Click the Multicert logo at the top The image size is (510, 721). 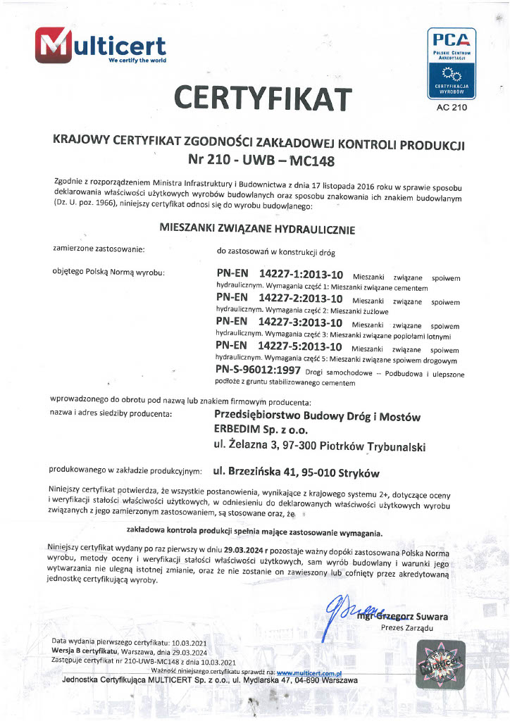click(99, 48)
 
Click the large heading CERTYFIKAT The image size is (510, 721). click(263, 98)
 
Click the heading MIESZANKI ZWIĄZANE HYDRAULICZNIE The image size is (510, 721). click(258, 228)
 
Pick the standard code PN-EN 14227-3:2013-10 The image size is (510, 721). click(280, 323)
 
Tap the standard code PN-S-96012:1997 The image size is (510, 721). click(259, 371)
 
